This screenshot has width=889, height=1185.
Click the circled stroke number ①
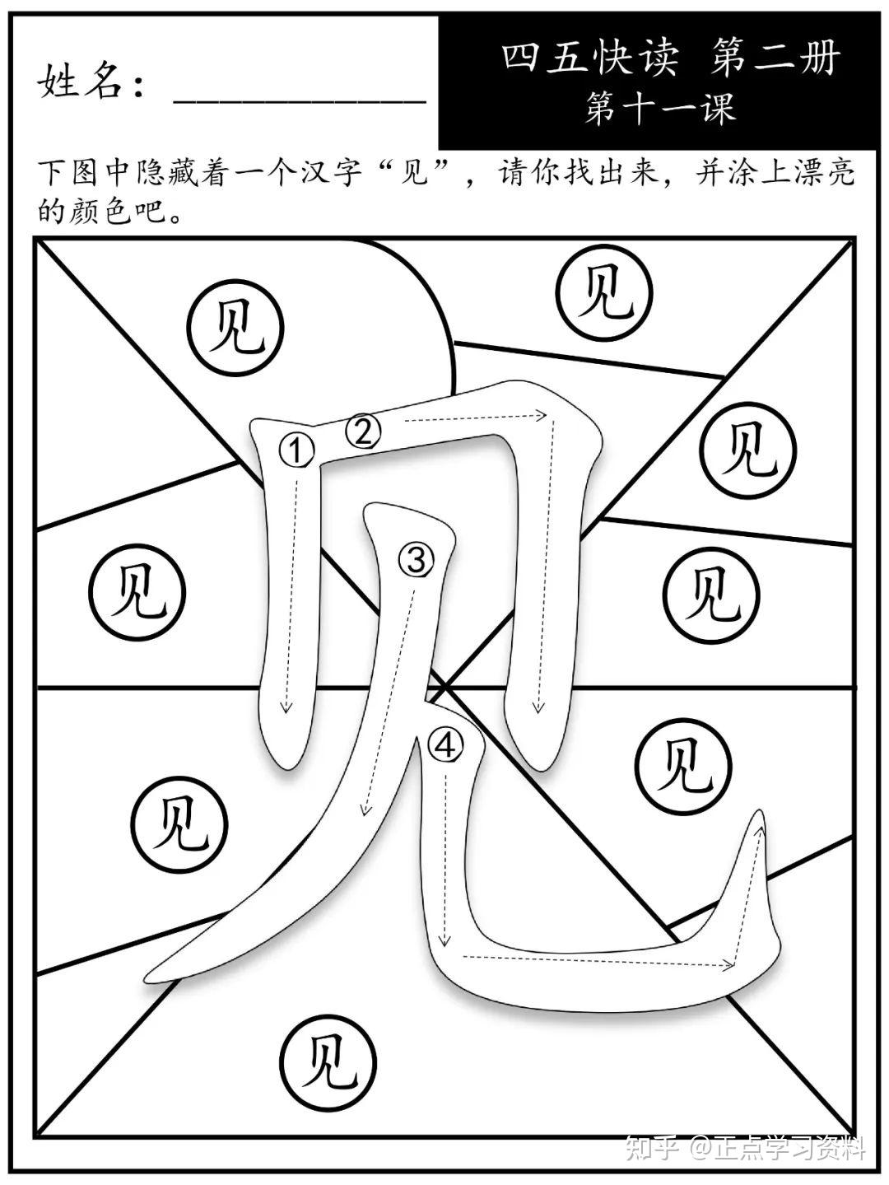tap(297, 450)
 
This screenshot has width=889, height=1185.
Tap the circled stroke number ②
tap(364, 431)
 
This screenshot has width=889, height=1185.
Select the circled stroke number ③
tap(417, 561)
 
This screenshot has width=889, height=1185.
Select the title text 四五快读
tap(591, 59)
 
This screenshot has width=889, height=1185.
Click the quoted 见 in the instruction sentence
tap(418, 174)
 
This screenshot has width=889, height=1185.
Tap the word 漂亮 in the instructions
tap(827, 174)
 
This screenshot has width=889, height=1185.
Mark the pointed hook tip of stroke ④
tap(756, 815)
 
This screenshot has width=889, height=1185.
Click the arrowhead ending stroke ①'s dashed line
tap(286, 708)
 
